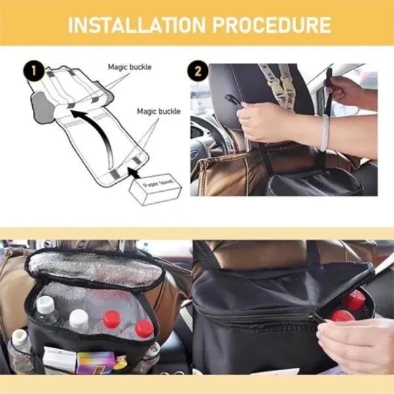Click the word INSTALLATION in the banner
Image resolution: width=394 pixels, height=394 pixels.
(x=137, y=25)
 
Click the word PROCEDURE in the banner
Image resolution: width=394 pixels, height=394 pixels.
(x=272, y=25)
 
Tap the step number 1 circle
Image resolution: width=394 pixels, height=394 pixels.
(x=33, y=71)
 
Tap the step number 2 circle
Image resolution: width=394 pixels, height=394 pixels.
(x=198, y=71)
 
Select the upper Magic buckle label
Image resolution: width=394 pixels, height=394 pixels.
(x=129, y=67)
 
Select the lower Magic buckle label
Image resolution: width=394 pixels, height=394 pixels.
(x=158, y=112)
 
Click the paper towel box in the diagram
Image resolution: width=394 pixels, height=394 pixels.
(x=155, y=188)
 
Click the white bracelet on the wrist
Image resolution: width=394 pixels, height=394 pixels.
(x=324, y=133)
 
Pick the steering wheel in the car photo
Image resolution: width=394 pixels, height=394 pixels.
(x=209, y=138)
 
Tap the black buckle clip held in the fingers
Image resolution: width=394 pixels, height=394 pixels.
(x=232, y=100)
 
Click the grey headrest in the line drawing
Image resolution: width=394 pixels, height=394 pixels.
(x=42, y=108)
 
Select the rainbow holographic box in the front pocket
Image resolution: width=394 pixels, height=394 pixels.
(x=96, y=362)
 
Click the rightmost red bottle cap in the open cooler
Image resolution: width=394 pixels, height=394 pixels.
(x=144, y=329)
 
